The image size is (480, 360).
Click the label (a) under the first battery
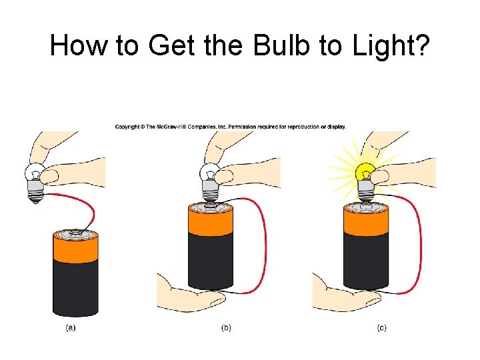tap(70, 327)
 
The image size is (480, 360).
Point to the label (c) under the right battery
tap(381, 327)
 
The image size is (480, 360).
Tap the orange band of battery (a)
tap(75, 249)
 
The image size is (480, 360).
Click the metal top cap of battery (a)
tap(75, 234)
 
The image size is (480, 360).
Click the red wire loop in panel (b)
tap(264, 240)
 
